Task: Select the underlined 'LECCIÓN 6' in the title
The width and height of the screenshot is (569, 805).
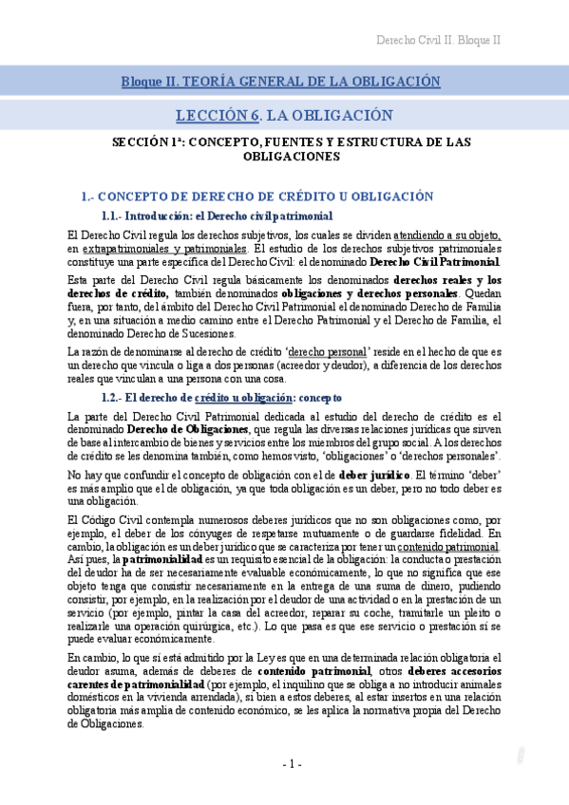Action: click(218, 115)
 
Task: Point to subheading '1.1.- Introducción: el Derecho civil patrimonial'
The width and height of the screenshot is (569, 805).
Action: click(217, 216)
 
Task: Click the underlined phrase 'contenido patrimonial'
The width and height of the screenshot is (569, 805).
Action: click(448, 547)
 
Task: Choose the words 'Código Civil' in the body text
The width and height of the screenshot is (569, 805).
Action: click(113, 520)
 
